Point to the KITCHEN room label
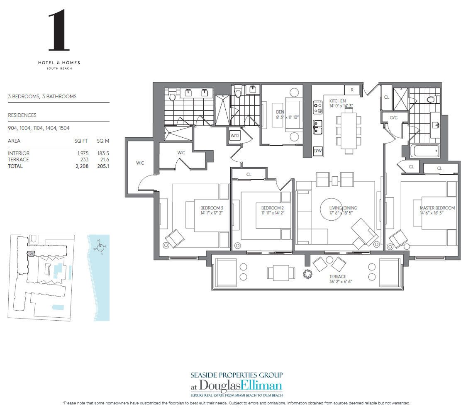click(x=337, y=101)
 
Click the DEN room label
click(x=280, y=112)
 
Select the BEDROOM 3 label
click(x=212, y=208)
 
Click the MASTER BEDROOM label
click(x=437, y=208)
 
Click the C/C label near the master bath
click(x=393, y=118)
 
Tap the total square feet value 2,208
click(x=81, y=166)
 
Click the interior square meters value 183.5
click(x=102, y=153)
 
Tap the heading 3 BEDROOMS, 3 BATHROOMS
click(x=42, y=97)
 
